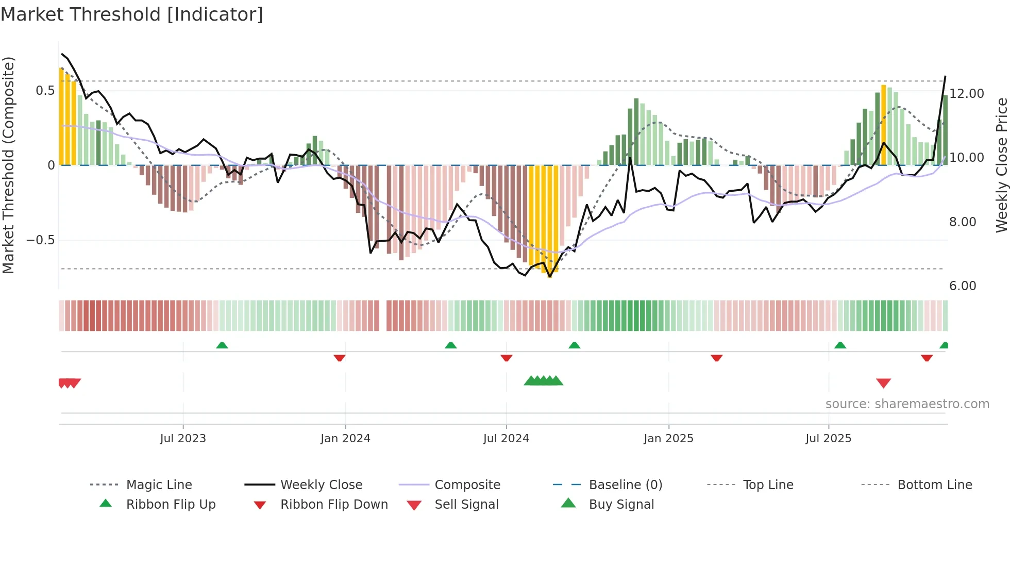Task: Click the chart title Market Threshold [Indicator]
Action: point(132,14)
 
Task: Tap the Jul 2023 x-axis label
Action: point(183,439)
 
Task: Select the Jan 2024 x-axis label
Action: point(345,439)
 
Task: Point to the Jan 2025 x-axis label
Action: point(668,439)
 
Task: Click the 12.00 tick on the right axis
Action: point(967,94)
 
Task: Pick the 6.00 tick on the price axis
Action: point(963,286)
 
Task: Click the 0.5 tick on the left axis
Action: point(45,91)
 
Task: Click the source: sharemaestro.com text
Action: point(907,404)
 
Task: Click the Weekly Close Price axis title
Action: point(1001,165)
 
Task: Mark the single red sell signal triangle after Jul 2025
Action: point(883,383)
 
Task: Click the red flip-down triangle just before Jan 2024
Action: point(339,358)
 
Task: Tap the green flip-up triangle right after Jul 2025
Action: point(840,345)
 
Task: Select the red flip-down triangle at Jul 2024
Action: point(506,358)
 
